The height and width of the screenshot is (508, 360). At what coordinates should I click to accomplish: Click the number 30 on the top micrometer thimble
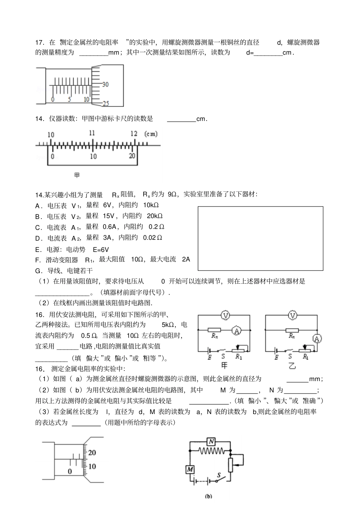(x=105, y=84)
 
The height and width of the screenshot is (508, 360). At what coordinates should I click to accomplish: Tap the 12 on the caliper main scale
(x=133, y=134)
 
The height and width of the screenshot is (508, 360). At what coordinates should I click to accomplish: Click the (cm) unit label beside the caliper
(x=151, y=134)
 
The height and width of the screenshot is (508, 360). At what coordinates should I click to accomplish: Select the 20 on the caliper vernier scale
(x=132, y=156)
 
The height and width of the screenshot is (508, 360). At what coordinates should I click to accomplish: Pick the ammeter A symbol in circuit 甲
(x=237, y=331)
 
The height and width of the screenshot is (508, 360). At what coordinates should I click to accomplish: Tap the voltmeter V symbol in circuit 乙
(x=292, y=315)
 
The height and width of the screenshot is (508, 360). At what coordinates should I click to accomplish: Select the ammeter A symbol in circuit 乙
(x=318, y=338)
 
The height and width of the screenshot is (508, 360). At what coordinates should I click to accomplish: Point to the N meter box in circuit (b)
(x=211, y=441)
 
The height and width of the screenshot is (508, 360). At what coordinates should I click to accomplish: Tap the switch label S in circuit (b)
(x=219, y=474)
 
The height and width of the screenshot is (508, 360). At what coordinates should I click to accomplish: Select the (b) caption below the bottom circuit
(x=208, y=496)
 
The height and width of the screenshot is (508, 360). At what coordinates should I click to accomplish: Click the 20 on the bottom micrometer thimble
(x=92, y=452)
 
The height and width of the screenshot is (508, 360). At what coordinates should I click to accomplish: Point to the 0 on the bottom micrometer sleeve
(x=70, y=471)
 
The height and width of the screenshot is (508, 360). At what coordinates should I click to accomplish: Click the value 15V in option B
(x=106, y=216)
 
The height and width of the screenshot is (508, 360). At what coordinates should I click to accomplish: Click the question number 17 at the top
(x=39, y=42)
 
